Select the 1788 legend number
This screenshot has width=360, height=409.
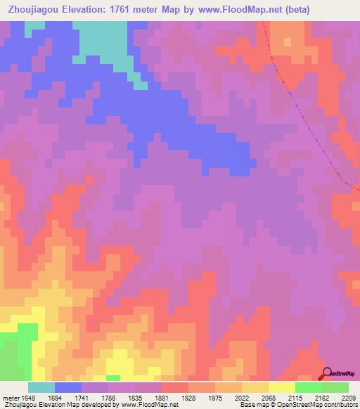click(108, 397)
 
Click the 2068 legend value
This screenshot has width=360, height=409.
click(269, 397)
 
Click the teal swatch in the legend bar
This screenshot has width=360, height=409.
click(41, 387)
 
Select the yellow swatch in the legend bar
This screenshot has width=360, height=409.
click(282, 387)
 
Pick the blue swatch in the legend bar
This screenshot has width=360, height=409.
click(68, 387)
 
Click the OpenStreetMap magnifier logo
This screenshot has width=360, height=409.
click(326, 374)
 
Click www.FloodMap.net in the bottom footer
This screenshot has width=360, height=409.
click(149, 405)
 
